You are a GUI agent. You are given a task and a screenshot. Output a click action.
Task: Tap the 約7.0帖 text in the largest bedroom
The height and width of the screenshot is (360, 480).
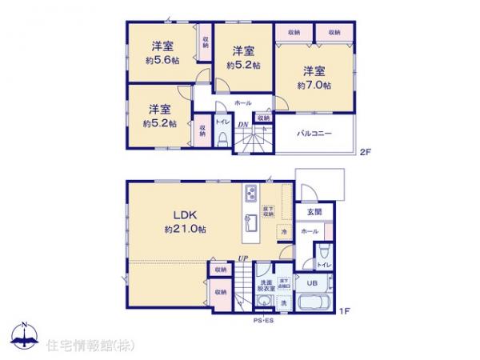click(313, 84)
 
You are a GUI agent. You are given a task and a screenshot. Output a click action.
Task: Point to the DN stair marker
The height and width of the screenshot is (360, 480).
click(243, 124)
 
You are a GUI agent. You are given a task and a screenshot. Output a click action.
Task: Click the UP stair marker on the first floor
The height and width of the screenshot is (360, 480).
click(242, 258)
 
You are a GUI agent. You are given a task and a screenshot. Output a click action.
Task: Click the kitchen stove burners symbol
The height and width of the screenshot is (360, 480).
click(250, 194)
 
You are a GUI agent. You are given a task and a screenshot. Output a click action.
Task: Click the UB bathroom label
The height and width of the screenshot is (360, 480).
click(312, 282)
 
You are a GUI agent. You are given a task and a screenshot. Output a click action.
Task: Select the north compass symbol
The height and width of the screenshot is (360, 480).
click(25, 334)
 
